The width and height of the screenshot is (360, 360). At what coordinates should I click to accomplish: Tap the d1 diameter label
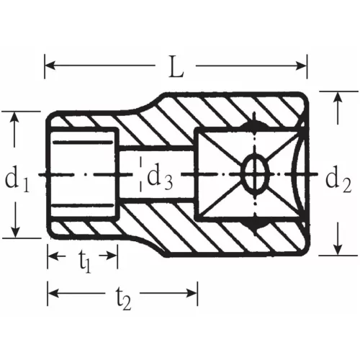[17, 179]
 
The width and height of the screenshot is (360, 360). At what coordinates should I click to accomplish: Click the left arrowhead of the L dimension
[50, 66]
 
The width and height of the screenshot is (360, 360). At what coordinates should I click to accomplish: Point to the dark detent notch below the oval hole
[253, 225]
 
